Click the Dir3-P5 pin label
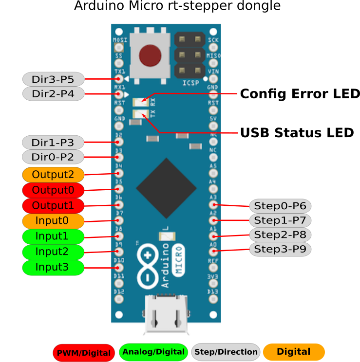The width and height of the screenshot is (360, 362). click(x=53, y=78)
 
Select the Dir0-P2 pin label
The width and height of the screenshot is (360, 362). click(x=53, y=157)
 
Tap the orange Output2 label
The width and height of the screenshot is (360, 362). click(x=53, y=174)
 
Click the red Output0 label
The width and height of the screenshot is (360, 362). click(x=53, y=190)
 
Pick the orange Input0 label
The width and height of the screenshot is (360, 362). click(x=53, y=221)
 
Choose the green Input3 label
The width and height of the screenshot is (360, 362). click(x=53, y=267)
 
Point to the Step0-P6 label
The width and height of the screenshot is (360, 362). click(x=280, y=205)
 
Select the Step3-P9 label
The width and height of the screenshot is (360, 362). click(x=280, y=250)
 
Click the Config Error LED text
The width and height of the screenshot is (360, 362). click(x=300, y=93)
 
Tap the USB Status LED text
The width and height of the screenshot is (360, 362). click(x=297, y=132)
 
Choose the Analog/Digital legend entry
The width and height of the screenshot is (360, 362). click(x=153, y=352)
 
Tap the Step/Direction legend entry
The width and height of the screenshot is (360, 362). click(x=225, y=352)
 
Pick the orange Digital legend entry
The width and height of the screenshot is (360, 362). click(x=294, y=351)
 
